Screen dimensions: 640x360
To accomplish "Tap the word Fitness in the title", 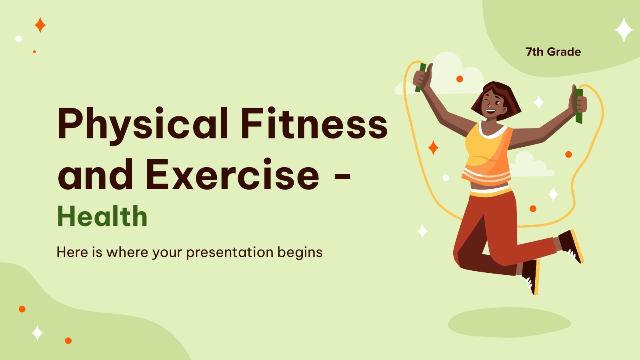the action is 314,123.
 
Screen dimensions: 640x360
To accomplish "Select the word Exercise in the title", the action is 232,174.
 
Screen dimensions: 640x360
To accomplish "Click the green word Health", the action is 102,216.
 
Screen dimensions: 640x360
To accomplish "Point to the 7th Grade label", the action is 553,52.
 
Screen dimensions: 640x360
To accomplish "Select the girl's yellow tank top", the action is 488,154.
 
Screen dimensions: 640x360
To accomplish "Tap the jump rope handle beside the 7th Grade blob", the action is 579,106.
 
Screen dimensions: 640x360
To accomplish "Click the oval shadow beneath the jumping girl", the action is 509,322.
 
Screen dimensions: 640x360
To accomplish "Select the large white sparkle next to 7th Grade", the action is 624,30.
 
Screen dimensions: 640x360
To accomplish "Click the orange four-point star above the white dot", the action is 40,25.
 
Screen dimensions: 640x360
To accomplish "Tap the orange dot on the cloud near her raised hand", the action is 460,79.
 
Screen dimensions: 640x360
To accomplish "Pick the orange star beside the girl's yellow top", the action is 434,148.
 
